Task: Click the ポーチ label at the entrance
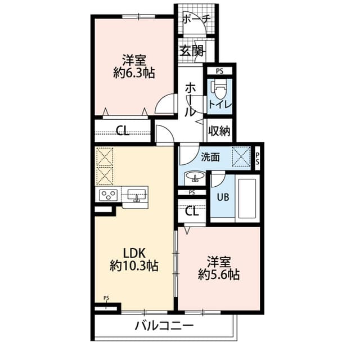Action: (x=196, y=19)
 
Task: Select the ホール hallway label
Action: (x=191, y=98)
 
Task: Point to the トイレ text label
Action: (x=220, y=105)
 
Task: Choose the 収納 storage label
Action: (x=220, y=131)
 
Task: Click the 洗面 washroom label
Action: (x=211, y=157)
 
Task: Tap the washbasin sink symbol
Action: (x=196, y=177)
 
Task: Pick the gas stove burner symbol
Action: (x=108, y=195)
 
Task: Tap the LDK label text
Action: (x=134, y=253)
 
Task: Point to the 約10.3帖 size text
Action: (x=134, y=266)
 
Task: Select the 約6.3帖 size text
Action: (x=134, y=73)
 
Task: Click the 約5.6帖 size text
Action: (x=219, y=274)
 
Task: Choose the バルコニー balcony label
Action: (x=164, y=326)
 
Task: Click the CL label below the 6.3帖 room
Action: (x=122, y=132)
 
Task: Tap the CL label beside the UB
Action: (x=192, y=211)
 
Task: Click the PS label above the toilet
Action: (x=219, y=71)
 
